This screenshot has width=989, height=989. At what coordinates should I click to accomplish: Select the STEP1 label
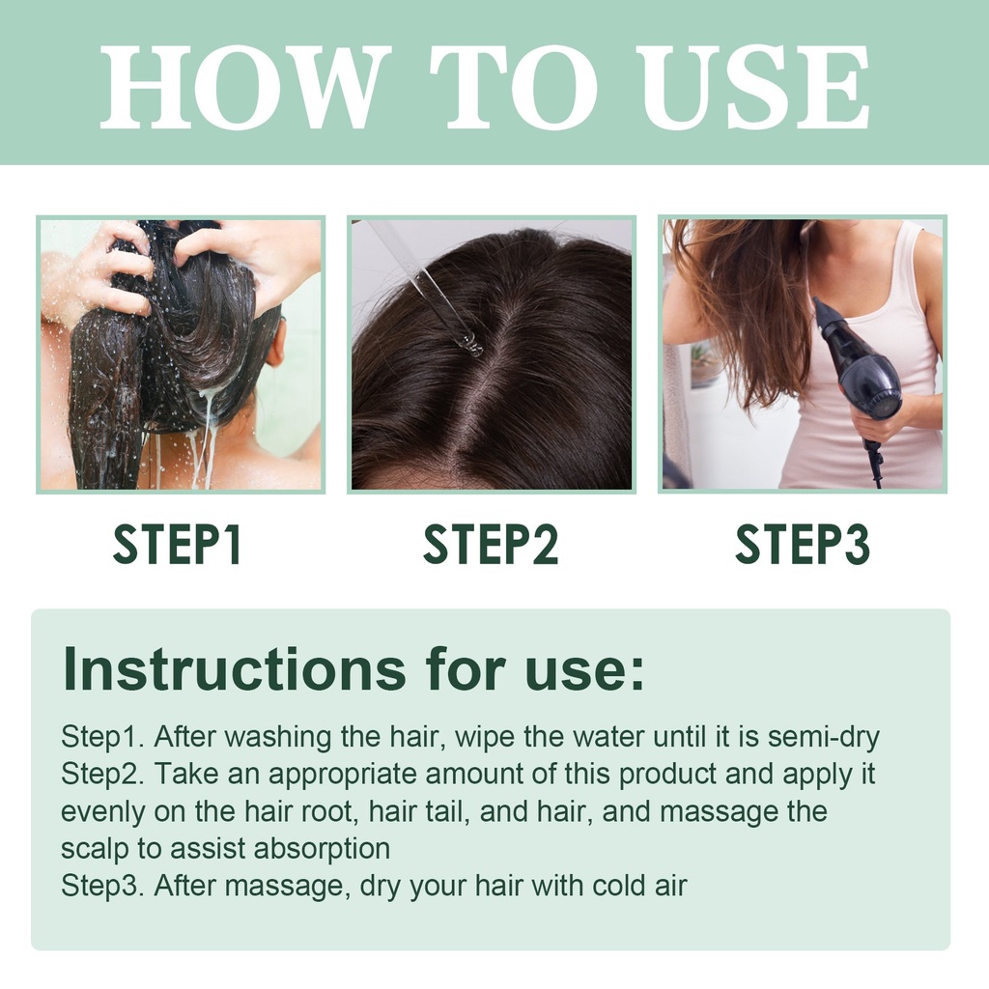point(178,545)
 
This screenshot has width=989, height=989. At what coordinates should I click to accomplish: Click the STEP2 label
point(491,545)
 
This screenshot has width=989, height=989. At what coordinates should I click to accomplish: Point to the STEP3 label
point(803,545)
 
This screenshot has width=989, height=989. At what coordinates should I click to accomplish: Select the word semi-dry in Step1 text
point(823,737)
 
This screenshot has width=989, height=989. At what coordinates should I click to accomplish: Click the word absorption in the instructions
point(322,849)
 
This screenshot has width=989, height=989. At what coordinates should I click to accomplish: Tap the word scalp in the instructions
point(95,849)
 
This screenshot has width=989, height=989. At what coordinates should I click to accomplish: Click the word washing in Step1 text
point(278,737)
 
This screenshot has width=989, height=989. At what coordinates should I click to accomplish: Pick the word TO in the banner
point(514,86)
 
